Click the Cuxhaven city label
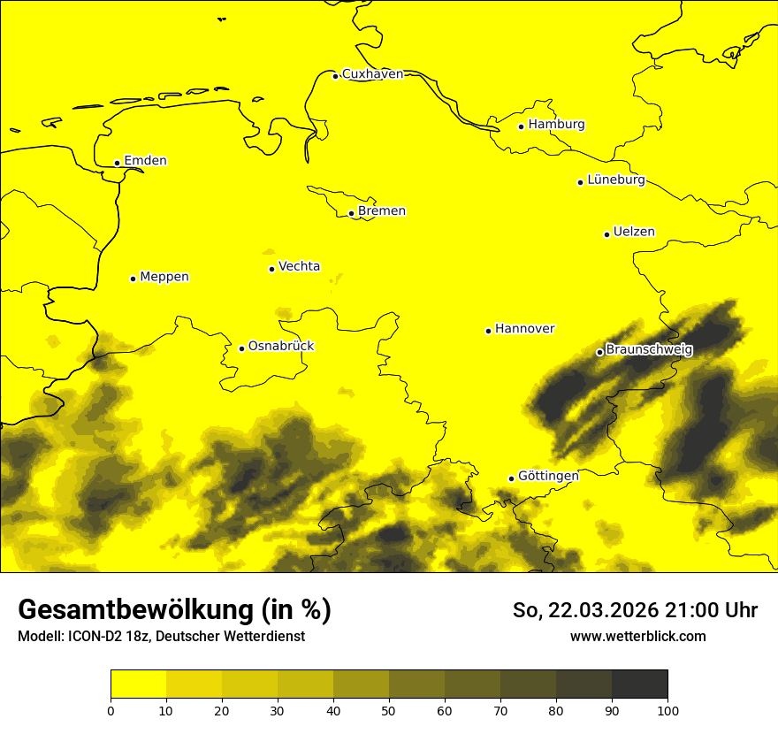[x=372, y=74]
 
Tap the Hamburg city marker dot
[x=522, y=126]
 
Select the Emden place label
[x=145, y=161]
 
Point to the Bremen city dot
[x=351, y=213]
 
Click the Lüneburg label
[x=615, y=180]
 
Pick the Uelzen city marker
[x=606, y=234]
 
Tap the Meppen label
[x=164, y=277]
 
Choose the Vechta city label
[x=299, y=266]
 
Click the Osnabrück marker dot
[x=241, y=348]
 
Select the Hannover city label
[x=524, y=329]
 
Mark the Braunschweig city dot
[x=599, y=352]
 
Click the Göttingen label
[x=548, y=476]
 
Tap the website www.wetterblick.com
[x=637, y=637]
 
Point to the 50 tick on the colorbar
[x=389, y=710]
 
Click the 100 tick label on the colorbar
[x=667, y=710]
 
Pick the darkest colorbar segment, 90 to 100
[x=639, y=684]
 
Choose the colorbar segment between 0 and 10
[x=138, y=684]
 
